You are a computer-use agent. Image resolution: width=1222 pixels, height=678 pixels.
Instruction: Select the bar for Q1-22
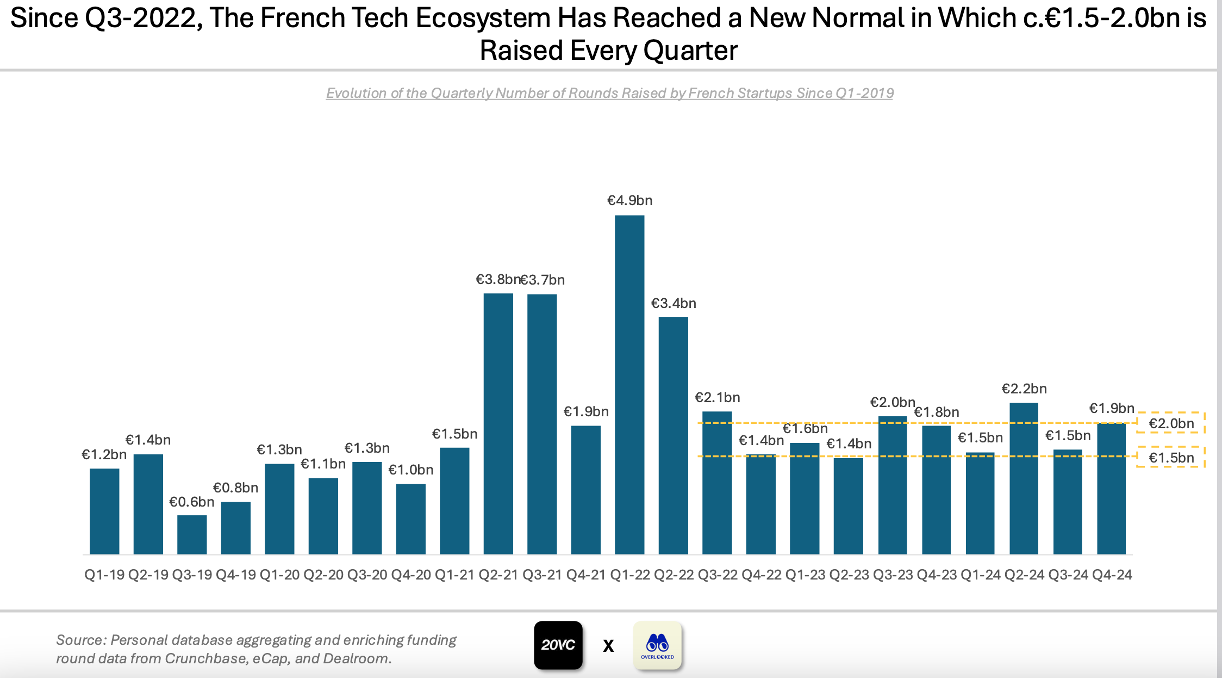[x=629, y=385]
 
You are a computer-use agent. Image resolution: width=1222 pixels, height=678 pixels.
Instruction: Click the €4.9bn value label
[x=629, y=201]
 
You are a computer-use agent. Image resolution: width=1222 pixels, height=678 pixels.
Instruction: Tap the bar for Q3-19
[x=192, y=535]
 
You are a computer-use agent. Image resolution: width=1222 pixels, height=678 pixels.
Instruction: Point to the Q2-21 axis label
[x=498, y=575]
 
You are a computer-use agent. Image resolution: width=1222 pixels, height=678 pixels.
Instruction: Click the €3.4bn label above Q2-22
[x=674, y=304]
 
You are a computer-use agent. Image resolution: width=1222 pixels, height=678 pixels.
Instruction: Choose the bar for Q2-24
[x=1024, y=479]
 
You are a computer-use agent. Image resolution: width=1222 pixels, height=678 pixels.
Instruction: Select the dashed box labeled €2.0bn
[x=1171, y=423]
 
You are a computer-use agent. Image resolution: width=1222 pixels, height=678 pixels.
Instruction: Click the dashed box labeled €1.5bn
[x=1171, y=458]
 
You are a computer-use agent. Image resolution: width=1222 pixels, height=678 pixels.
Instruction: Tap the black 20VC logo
[x=558, y=645]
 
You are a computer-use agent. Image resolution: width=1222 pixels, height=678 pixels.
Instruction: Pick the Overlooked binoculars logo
[x=658, y=645]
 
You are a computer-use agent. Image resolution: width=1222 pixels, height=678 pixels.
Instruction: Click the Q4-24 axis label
[x=1112, y=575]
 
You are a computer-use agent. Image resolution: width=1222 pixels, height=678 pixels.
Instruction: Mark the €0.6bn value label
[x=192, y=502]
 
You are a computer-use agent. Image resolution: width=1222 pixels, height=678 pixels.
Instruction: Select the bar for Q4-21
[x=586, y=490]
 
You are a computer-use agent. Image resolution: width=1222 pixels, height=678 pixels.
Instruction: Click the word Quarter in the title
[x=690, y=51]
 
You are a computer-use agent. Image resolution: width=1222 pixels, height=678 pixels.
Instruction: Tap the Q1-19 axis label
[x=104, y=575]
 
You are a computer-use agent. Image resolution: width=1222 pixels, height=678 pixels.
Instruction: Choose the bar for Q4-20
[x=411, y=519]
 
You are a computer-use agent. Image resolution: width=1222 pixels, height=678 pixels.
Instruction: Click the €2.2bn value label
[x=1024, y=389]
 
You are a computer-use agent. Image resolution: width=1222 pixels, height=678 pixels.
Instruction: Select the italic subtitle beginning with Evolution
[x=609, y=94]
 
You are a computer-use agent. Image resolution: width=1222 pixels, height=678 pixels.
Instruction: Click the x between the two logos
[x=608, y=646]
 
